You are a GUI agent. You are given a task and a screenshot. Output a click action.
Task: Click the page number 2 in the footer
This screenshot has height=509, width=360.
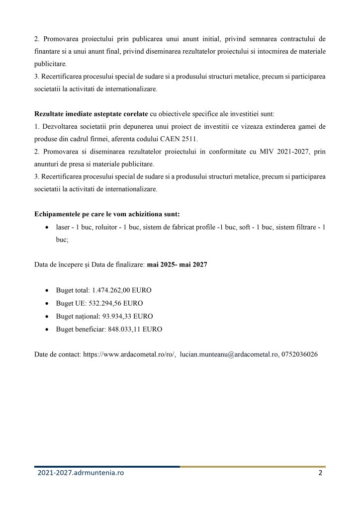point(320,473)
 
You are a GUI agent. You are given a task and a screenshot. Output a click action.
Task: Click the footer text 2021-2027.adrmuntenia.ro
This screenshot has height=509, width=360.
point(81,473)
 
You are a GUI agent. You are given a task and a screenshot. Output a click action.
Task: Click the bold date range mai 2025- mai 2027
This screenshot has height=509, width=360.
point(177,265)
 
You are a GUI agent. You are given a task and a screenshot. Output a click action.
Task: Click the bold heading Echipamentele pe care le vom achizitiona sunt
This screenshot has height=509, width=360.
point(107,214)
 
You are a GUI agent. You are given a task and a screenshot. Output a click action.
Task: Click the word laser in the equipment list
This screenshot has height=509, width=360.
point(63,227)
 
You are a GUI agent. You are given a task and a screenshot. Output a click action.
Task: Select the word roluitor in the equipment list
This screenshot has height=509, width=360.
point(107,227)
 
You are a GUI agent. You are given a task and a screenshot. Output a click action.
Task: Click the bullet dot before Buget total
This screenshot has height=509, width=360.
point(47,290)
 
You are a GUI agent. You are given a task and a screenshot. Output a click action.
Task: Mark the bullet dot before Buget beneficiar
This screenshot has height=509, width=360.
point(47,330)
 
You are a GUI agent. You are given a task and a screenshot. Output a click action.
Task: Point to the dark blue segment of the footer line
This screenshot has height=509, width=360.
point(107,466)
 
